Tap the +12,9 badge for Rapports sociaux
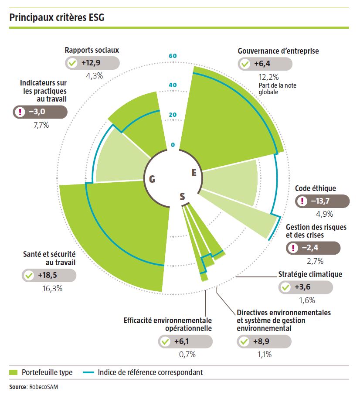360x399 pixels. pos(92,63)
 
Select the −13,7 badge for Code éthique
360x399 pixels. pos(323,201)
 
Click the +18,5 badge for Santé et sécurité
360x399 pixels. pos(49,276)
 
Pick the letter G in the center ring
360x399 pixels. pos(152,179)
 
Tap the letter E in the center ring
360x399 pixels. pos(194,173)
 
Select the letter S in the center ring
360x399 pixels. pos(182,197)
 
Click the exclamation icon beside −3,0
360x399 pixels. pos(20,112)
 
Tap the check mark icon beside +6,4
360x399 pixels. pos(245,64)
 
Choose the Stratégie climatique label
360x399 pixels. pos(310,274)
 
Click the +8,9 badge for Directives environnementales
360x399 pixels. pos(264,342)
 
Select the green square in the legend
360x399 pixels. pos(14,372)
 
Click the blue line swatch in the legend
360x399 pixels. pos(88,372)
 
